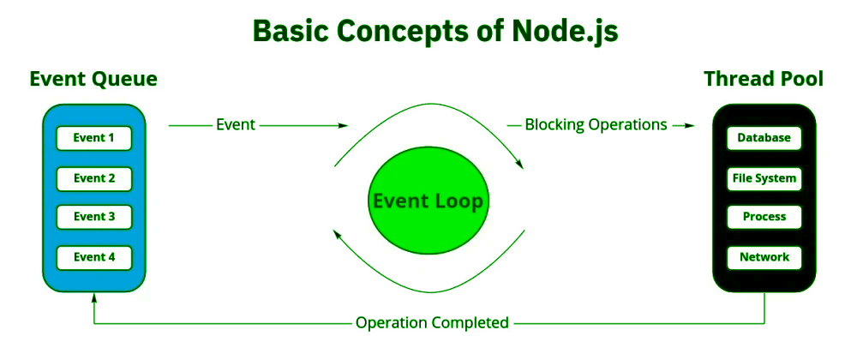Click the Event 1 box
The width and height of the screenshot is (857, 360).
(94, 138)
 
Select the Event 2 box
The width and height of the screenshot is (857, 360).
(94, 178)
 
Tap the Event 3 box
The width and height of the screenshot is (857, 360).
(94, 217)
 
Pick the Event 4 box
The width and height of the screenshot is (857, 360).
(94, 257)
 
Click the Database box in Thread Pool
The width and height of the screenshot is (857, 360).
(764, 138)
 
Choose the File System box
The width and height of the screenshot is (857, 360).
(764, 178)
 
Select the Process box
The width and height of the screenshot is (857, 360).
(764, 217)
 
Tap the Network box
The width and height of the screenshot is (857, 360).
(764, 257)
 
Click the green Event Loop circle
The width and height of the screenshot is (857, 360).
(428, 202)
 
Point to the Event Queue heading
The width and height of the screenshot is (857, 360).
(93, 79)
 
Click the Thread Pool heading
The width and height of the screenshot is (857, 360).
(764, 79)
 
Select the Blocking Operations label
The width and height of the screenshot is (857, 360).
(596, 125)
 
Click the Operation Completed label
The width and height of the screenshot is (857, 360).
(432, 323)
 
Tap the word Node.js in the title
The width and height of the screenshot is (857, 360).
(565, 32)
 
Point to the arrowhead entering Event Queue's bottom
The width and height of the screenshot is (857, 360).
(94, 297)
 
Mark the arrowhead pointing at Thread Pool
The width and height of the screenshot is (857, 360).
(690, 126)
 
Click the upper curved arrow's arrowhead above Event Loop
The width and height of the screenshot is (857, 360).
(520, 164)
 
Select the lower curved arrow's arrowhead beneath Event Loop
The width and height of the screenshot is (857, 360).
(337, 233)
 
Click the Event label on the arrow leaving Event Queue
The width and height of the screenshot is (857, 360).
(236, 125)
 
